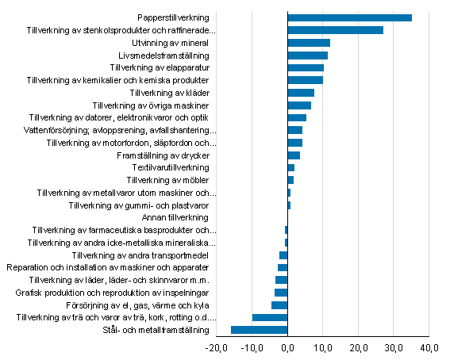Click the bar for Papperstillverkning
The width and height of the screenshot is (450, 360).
point(349,17)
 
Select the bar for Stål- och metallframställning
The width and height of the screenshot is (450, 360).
point(259,330)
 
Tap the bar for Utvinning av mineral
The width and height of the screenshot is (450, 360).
point(308,43)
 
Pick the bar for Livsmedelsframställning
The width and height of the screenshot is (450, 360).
point(307,56)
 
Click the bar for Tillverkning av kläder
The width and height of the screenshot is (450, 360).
point(301,93)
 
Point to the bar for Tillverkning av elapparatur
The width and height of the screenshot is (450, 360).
point(306,67)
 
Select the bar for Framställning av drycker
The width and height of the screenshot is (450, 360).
point(293,155)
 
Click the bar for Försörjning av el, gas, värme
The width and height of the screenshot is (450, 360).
point(279,305)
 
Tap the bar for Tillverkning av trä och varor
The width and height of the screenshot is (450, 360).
point(270,317)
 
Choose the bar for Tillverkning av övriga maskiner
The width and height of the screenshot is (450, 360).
point(299,105)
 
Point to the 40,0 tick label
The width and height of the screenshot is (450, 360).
point(429,347)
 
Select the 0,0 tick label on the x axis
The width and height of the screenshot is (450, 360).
point(287,347)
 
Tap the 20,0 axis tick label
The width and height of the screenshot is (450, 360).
point(358,347)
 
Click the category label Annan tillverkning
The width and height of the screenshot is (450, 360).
point(175,217)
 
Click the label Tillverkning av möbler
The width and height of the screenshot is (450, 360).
point(167,181)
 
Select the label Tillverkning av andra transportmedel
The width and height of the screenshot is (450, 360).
point(140,255)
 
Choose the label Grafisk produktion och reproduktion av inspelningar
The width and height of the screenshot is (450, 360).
point(112,293)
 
